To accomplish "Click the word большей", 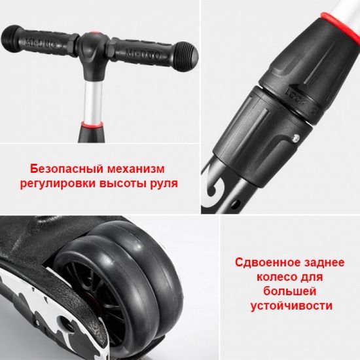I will tap(289, 291).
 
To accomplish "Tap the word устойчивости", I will tap(289, 306).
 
